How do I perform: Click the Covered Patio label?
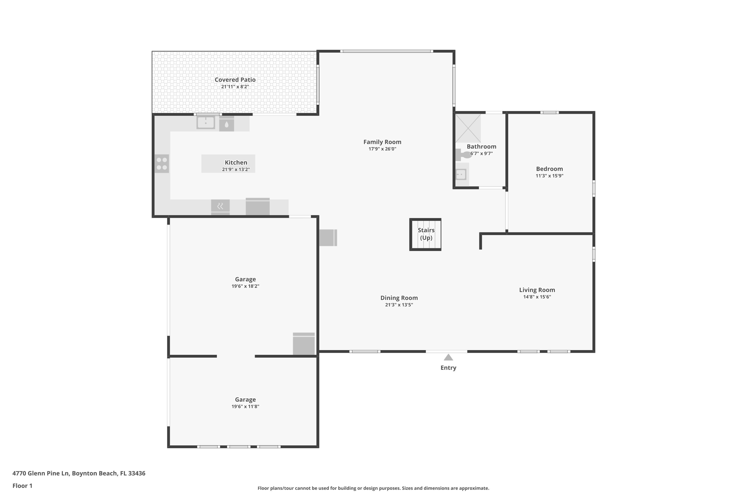point(235,80)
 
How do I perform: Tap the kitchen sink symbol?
point(206,123)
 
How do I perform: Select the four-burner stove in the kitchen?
point(162,164)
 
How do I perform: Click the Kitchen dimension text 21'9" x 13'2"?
point(236,170)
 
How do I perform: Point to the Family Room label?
point(382,142)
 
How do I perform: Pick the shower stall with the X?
point(468,128)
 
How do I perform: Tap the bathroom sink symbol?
point(461,174)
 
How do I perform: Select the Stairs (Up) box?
point(425,234)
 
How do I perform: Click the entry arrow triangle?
point(448,357)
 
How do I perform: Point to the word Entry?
point(448,368)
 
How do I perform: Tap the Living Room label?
point(537,290)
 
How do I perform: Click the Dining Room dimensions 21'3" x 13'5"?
point(399,305)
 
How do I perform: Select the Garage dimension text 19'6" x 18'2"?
point(246,286)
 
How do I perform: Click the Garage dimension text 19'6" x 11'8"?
point(246,407)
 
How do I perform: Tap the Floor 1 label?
point(23,486)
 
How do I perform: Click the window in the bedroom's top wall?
point(550,113)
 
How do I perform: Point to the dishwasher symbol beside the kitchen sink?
point(226,124)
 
